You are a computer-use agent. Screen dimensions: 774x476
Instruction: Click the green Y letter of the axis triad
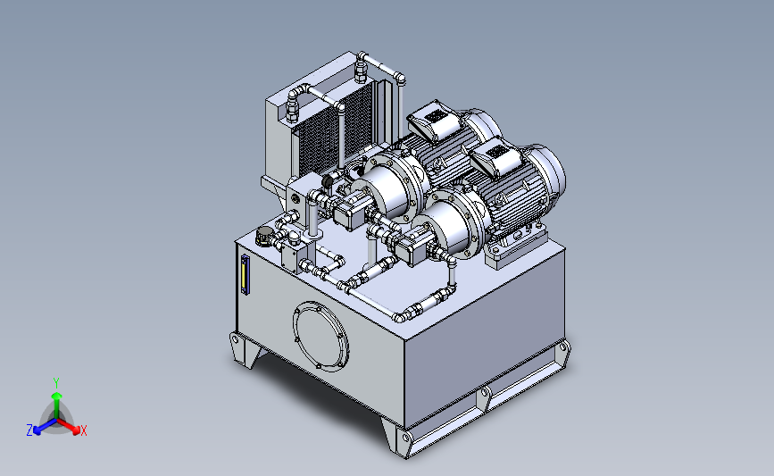pos(56,383)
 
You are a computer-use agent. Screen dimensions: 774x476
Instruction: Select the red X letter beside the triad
pos(83,430)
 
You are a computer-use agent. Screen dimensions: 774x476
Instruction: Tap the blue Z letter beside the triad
pos(29,430)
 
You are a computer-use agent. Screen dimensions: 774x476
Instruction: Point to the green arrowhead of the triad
pos(57,396)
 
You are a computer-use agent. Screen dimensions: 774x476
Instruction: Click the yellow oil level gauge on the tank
pos(245,275)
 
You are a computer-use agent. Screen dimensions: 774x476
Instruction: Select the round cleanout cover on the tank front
pos(320,336)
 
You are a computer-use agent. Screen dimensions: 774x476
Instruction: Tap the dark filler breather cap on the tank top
pos(264,236)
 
